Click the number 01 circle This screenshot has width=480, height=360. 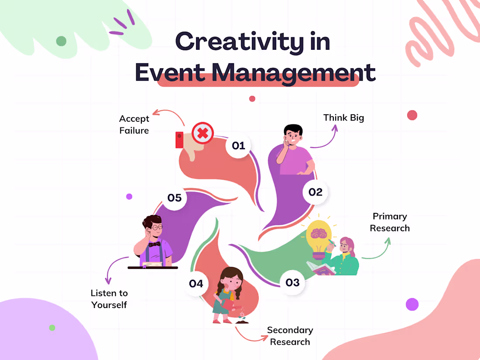(x=239, y=145)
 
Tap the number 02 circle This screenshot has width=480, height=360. (x=315, y=192)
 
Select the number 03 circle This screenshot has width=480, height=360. (x=292, y=283)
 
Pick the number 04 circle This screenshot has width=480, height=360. (x=196, y=284)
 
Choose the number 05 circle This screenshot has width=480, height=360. (x=175, y=198)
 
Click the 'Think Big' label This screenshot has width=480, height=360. (x=343, y=117)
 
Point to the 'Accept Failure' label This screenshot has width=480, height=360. (x=134, y=124)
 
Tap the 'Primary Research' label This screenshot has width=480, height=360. (x=390, y=222)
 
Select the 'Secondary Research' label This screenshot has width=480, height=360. (x=290, y=336)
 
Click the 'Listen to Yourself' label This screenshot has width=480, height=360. (x=109, y=299)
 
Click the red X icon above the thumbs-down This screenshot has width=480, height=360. (x=202, y=133)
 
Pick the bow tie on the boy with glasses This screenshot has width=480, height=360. (x=154, y=244)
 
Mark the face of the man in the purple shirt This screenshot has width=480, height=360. (x=293, y=137)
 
